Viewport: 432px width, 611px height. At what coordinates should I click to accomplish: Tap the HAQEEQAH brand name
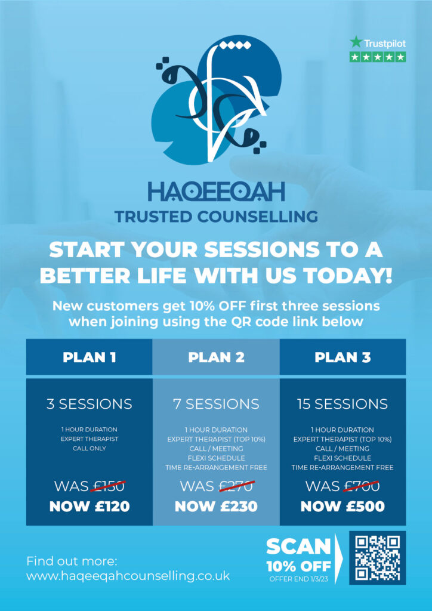click(x=216, y=192)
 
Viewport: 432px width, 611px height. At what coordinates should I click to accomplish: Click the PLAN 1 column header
click(x=90, y=357)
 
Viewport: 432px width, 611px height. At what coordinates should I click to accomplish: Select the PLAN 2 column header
click(x=216, y=357)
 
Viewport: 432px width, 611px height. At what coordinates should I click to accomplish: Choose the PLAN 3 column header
click(x=342, y=357)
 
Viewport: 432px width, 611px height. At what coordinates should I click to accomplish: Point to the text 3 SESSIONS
click(x=90, y=404)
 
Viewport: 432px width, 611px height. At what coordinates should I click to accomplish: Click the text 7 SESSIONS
click(x=216, y=404)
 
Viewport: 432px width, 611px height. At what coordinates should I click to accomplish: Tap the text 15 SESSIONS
click(x=342, y=404)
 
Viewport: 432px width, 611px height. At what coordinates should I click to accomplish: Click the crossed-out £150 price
click(x=108, y=486)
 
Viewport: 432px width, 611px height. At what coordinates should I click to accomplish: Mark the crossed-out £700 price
click(x=362, y=486)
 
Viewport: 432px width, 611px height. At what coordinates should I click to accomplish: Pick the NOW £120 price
click(x=90, y=506)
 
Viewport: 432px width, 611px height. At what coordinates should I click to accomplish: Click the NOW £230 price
click(x=216, y=506)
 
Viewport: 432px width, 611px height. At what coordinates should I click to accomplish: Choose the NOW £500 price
click(x=342, y=506)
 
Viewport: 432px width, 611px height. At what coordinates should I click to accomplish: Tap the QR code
click(x=378, y=558)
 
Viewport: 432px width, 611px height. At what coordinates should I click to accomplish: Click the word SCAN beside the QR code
click(x=298, y=547)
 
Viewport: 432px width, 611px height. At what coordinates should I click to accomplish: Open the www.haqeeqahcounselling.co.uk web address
click(x=128, y=576)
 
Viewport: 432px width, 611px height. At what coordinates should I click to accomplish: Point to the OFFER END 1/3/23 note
click(x=299, y=579)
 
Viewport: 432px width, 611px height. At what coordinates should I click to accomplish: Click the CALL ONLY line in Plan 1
click(x=90, y=448)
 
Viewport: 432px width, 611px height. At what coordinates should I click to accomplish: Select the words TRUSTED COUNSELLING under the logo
click(x=216, y=217)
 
